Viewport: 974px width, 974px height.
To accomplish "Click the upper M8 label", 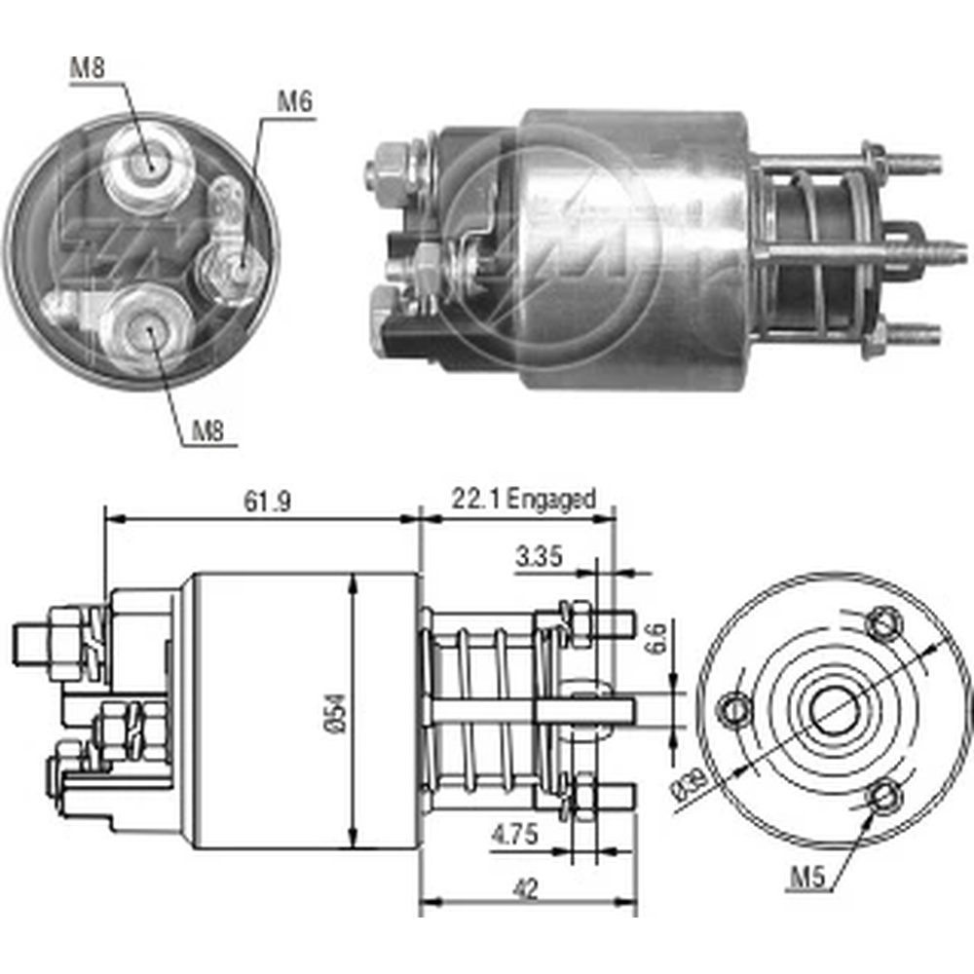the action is click(x=88, y=68).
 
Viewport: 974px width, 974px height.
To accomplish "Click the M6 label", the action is click(x=294, y=102).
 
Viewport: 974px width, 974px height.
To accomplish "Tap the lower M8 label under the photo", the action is click(x=207, y=431).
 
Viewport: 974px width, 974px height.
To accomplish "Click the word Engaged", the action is click(x=551, y=500).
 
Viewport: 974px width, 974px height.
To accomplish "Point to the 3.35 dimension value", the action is click(x=539, y=556).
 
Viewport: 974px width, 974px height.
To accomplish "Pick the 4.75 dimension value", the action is click(x=514, y=835).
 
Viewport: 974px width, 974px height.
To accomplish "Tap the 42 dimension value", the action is click(x=525, y=889).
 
